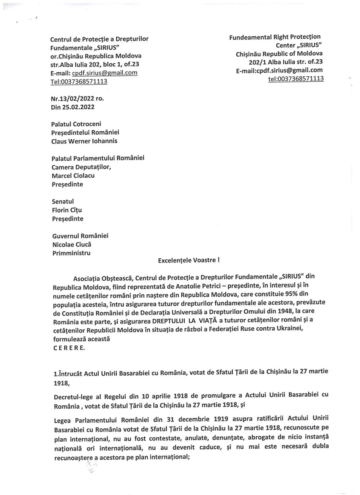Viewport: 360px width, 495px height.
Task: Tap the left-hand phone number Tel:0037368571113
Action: pos(78,81)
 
